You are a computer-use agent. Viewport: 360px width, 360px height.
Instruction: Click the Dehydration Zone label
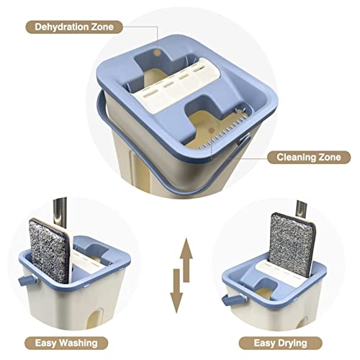(x=74, y=28)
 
